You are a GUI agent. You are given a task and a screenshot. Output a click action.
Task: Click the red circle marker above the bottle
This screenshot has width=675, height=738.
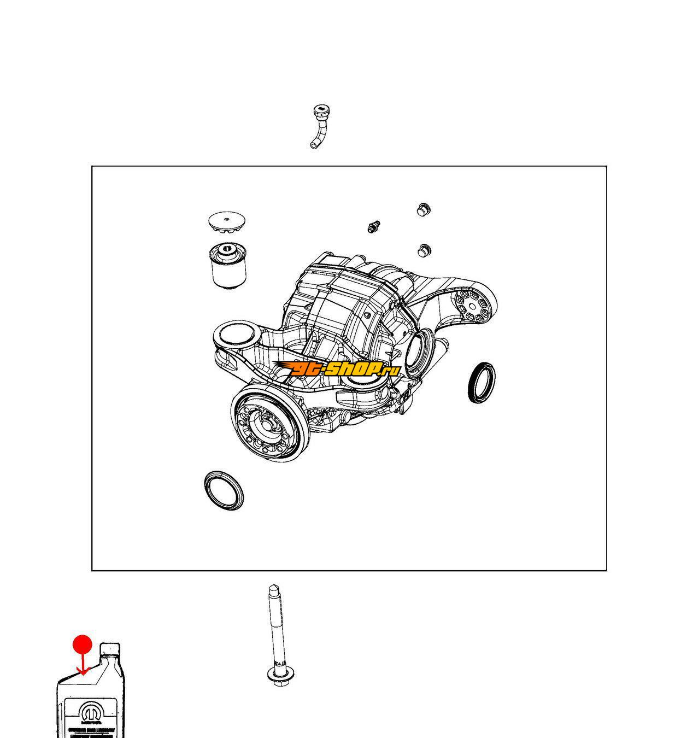tap(83, 644)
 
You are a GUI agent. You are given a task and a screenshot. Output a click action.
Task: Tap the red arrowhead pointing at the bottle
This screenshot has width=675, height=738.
tap(83, 671)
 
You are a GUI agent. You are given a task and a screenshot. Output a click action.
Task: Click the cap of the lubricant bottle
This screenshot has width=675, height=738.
tap(110, 650)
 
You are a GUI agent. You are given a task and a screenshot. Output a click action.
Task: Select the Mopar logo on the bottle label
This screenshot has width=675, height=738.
tap(90, 712)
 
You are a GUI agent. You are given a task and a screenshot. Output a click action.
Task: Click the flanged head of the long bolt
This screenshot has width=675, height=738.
tap(278, 676)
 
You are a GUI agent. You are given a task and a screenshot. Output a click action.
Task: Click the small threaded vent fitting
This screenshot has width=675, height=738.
tap(374, 227)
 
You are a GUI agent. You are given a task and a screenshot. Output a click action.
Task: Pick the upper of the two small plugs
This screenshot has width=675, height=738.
tap(423, 209)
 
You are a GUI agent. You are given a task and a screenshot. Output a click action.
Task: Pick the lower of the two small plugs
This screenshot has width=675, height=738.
tap(424, 251)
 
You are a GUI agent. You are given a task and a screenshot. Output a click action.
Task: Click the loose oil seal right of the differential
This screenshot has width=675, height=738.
tap(482, 382)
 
